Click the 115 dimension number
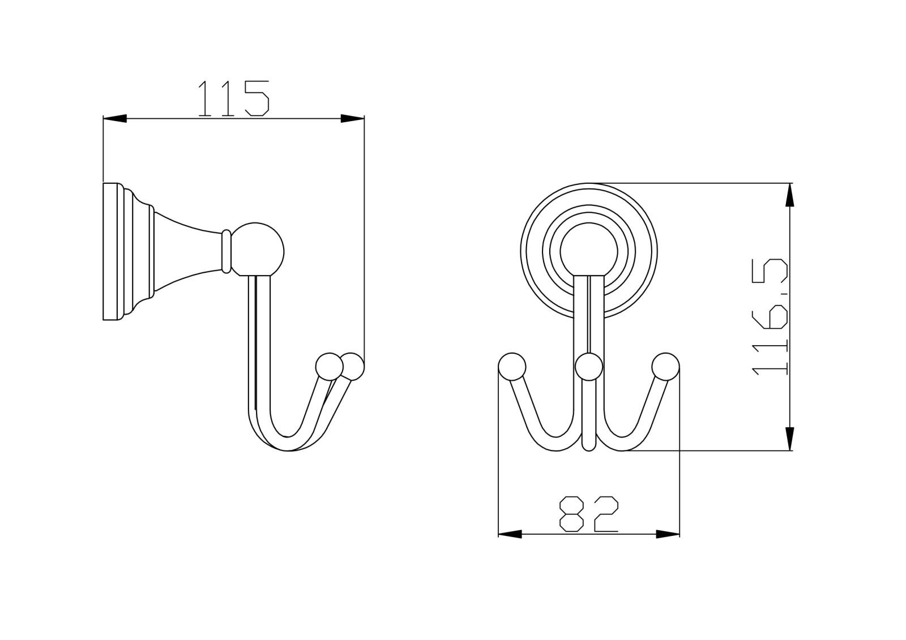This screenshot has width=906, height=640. tap(234, 98)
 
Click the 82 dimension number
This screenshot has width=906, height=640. tap(589, 513)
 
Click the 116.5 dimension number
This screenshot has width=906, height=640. tap(770, 317)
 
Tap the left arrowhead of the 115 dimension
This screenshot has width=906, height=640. tap(115, 118)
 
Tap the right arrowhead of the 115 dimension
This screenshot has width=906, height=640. tap(352, 118)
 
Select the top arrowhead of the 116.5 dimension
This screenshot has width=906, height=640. tap(790, 195)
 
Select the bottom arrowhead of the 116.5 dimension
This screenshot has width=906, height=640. tap(790, 439)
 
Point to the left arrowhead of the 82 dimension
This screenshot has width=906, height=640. tap(510, 534)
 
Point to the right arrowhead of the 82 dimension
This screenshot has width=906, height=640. tap(668, 534)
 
